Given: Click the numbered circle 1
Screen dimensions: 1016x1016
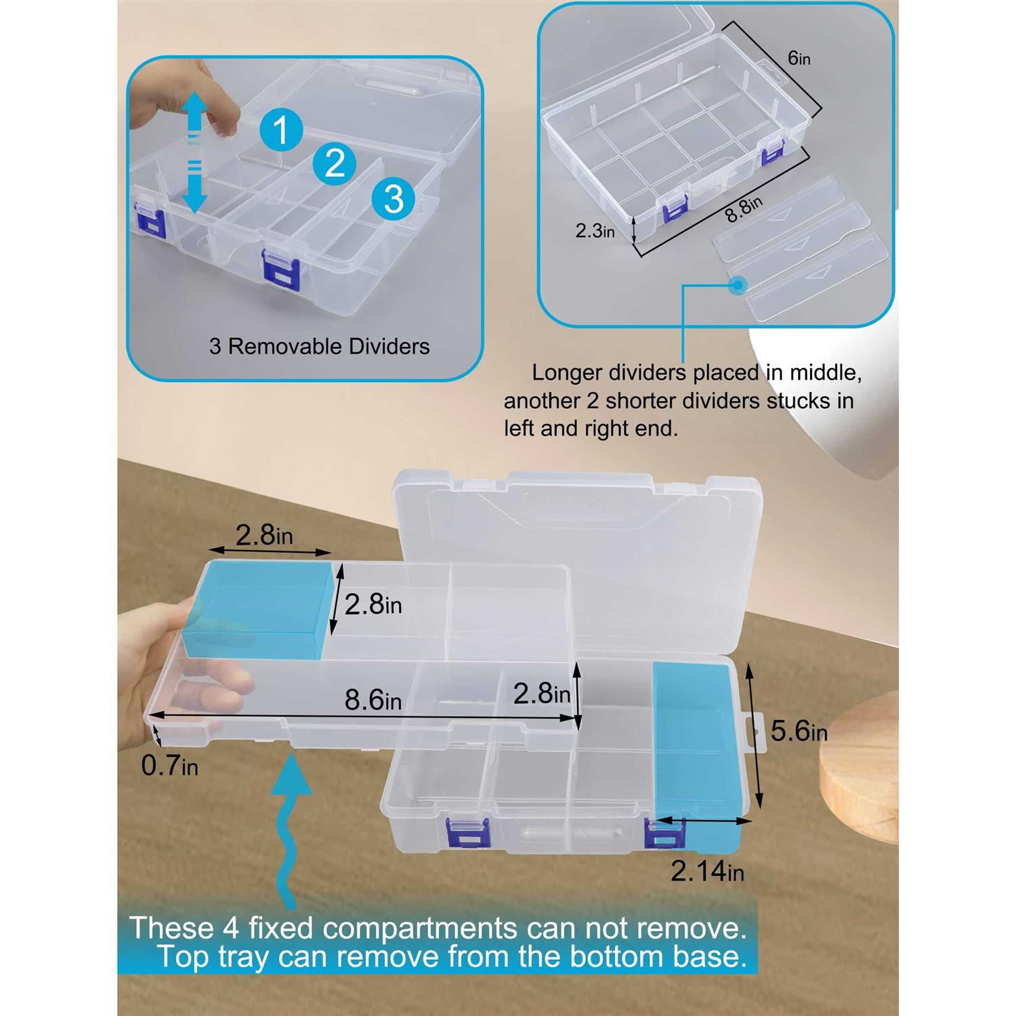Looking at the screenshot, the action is (x=281, y=129).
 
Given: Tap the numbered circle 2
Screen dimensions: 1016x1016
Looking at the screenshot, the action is (x=335, y=163).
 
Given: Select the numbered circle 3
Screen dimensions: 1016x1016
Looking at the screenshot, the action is (x=394, y=198).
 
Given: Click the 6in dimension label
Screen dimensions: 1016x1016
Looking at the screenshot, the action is (x=799, y=59).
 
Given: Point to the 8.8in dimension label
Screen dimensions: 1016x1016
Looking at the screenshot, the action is (x=744, y=209).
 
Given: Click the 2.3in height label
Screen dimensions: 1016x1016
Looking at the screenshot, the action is (x=595, y=231).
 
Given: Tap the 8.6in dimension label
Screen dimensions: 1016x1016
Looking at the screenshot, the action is (x=373, y=700).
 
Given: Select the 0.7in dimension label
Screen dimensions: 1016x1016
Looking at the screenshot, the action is (x=169, y=765).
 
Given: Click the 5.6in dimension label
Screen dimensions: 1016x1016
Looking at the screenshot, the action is (x=799, y=731).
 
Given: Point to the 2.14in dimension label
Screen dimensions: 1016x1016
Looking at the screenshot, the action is (x=708, y=871).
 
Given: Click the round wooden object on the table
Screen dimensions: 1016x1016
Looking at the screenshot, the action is (x=859, y=769).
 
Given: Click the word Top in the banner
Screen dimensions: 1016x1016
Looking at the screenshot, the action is (x=184, y=957).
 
